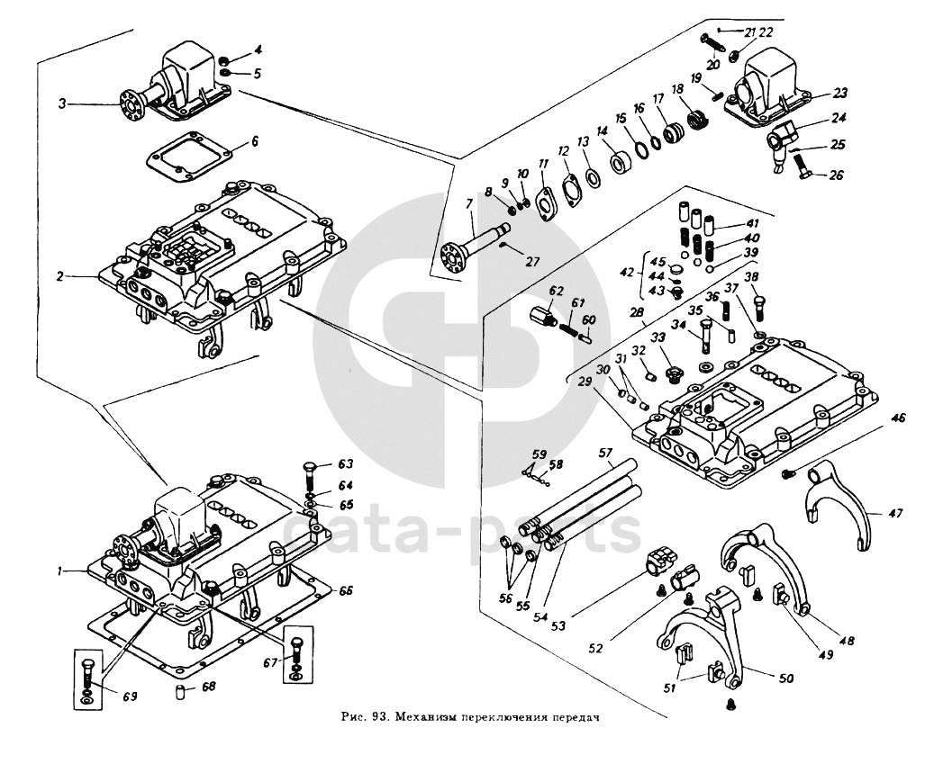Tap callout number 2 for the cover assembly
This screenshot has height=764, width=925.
59,276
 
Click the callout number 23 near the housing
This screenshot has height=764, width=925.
840,94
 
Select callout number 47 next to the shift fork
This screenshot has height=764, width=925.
895,514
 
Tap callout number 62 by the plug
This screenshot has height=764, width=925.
556,291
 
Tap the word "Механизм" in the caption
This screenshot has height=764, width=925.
425,719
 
